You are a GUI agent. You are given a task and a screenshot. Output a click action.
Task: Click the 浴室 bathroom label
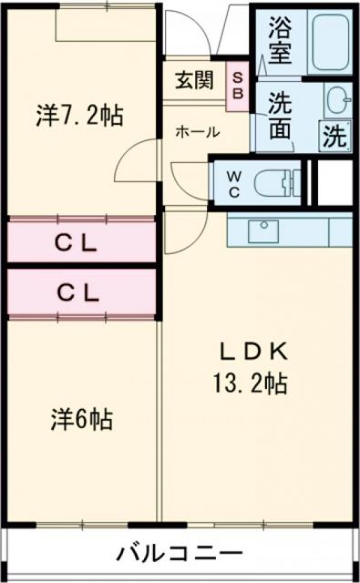(280, 39)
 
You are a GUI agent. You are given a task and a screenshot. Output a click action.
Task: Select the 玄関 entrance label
(194, 80)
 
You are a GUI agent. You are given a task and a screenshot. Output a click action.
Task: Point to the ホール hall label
(198, 132)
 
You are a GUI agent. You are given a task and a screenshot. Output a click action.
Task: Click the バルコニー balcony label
(180, 553)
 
